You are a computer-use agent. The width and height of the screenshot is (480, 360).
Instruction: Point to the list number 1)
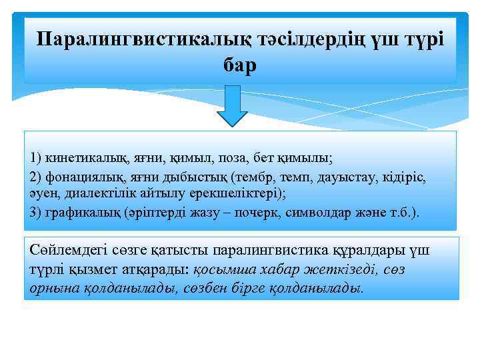(37, 158)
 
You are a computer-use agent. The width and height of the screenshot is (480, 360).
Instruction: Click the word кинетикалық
(82, 158)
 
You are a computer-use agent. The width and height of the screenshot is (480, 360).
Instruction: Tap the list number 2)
(37, 178)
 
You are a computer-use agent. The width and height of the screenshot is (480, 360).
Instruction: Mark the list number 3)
(37, 212)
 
